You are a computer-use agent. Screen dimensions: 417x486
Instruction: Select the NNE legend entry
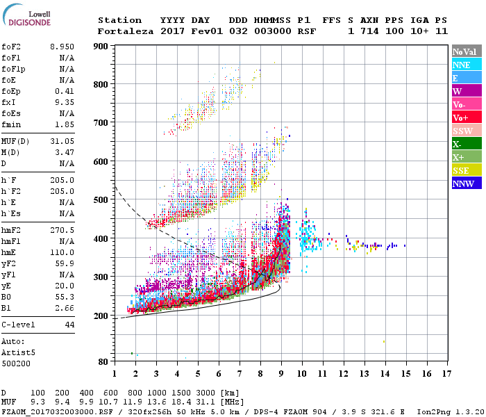461,65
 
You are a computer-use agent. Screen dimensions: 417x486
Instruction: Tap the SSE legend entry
461,170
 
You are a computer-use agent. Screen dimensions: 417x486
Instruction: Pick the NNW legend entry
463,183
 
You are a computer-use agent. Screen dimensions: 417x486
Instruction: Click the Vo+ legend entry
460,117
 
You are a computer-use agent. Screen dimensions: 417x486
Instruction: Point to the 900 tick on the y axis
101,47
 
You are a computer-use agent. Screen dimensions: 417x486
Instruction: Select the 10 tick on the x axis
302,374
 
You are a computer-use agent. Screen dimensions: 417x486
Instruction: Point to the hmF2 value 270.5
62,229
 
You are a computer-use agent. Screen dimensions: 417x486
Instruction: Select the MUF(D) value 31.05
62,142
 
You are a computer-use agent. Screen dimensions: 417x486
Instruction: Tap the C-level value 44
69,325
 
